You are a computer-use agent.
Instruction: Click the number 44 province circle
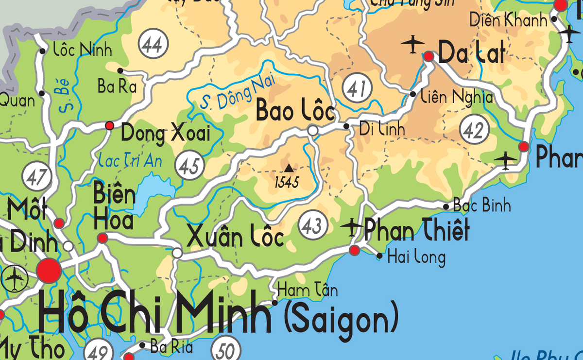(x=153, y=45)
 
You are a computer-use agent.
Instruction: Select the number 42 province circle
(x=474, y=130)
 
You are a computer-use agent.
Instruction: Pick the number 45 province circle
(x=189, y=166)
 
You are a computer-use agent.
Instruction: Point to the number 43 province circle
(x=312, y=225)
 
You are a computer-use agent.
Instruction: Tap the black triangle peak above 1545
(x=289, y=168)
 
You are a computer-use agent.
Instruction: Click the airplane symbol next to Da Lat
(x=413, y=44)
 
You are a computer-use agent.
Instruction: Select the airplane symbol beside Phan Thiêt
(x=351, y=226)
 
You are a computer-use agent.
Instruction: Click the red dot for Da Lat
(x=429, y=56)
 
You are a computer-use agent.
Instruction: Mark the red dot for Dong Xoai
(x=109, y=126)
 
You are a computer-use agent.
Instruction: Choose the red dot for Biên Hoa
(x=103, y=238)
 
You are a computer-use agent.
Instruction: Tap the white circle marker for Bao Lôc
(x=313, y=131)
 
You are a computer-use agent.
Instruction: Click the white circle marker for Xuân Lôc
(x=177, y=253)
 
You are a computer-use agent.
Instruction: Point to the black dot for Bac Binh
(x=446, y=207)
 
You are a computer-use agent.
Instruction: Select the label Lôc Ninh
(x=82, y=50)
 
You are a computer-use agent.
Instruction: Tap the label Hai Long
(x=416, y=257)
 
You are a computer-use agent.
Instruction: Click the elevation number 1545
(x=287, y=183)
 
